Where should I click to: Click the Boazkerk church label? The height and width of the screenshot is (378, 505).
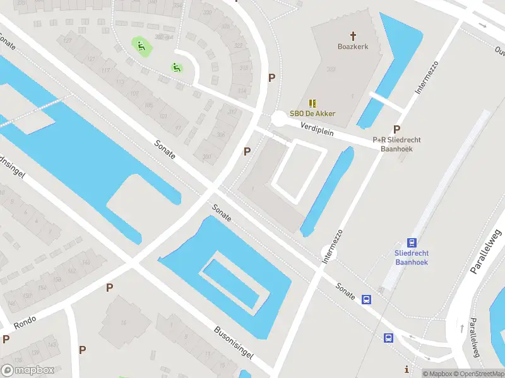(x=353, y=46)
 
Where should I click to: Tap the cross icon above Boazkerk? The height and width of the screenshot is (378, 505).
(x=353, y=35)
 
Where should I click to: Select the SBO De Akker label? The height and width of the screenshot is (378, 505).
(x=312, y=113)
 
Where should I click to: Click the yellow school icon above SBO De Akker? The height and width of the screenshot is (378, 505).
(x=312, y=103)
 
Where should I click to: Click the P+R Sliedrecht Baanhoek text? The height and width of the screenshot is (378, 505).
(x=396, y=144)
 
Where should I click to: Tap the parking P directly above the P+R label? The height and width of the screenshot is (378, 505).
(x=397, y=129)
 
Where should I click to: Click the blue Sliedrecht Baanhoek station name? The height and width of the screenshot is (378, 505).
(x=412, y=256)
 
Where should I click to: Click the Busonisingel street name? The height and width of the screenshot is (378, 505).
(x=233, y=342)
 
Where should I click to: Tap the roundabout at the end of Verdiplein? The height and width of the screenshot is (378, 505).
(x=278, y=118)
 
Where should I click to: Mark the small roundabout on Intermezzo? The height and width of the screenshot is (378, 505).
(x=329, y=253)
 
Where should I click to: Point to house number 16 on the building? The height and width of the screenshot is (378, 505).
(x=124, y=324)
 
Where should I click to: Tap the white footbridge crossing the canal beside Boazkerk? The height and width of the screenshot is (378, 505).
(x=390, y=99)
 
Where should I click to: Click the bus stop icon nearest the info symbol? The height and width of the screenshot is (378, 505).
(x=388, y=338)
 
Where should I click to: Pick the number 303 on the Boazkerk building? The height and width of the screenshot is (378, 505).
(x=330, y=69)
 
